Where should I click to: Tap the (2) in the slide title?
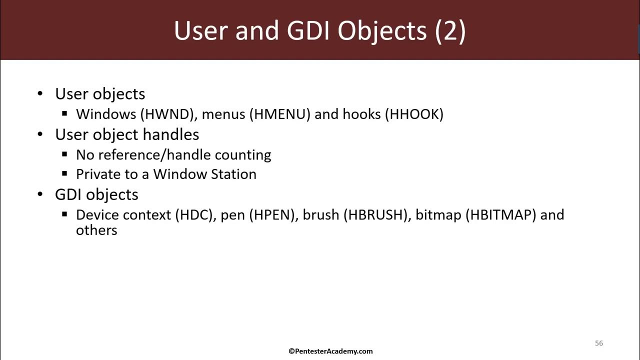click(x=450, y=31)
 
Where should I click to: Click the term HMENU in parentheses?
click(x=279, y=114)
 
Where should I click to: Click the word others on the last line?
click(x=96, y=230)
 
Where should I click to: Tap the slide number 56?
click(x=599, y=343)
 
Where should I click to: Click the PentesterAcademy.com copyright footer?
click(x=330, y=351)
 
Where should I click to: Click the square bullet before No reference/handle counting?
click(x=64, y=154)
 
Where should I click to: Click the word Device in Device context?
click(x=97, y=215)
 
